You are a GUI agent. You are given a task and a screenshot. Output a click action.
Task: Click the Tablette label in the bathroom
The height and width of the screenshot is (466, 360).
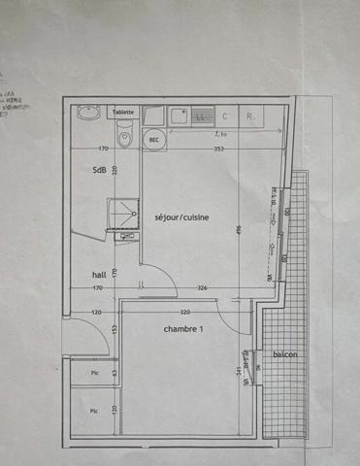[x=123, y=113]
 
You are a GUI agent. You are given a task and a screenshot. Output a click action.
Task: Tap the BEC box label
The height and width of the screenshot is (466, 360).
[x=153, y=140]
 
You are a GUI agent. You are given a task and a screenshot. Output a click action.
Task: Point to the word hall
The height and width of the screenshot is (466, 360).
[x=85, y=275]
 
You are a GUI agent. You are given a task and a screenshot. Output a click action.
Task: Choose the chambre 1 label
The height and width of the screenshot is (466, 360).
[x=182, y=329]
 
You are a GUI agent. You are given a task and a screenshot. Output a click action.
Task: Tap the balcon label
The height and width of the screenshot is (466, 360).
[x=284, y=355]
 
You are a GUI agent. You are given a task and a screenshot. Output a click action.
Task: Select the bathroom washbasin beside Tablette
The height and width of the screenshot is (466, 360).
[x=88, y=113]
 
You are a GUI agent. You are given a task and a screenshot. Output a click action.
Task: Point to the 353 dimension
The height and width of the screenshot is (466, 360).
[x=219, y=149]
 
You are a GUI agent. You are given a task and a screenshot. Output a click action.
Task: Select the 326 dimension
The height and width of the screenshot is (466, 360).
[x=202, y=288]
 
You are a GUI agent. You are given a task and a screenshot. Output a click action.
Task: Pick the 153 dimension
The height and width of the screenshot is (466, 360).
[x=114, y=331]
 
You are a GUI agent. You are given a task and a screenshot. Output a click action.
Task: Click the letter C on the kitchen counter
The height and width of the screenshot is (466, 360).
[x=224, y=116]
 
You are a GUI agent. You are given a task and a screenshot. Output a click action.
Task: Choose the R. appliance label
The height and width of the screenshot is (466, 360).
[x=250, y=116]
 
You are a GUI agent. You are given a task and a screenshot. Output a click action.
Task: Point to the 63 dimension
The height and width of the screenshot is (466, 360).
[x=114, y=372]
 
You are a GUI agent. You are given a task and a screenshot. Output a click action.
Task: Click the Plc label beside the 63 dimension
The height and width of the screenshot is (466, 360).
[x=94, y=373]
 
